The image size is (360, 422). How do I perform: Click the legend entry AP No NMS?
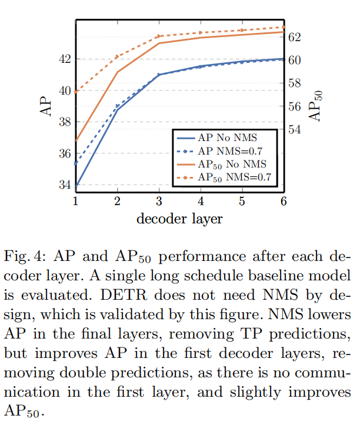tap(224, 137)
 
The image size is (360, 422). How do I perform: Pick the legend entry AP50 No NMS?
tap(232, 163)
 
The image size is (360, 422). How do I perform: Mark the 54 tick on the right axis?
tap(294, 129)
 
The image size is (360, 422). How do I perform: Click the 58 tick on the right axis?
tap(294, 83)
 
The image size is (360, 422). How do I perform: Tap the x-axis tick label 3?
tap(159, 201)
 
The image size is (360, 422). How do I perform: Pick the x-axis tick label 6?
tap(284, 201)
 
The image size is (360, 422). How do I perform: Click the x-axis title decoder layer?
tap(179, 219)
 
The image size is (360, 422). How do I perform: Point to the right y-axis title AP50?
tap(316, 106)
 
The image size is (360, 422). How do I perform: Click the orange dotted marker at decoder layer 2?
tap(117, 56)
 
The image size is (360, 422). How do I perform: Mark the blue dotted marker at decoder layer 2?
tap(117, 106)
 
